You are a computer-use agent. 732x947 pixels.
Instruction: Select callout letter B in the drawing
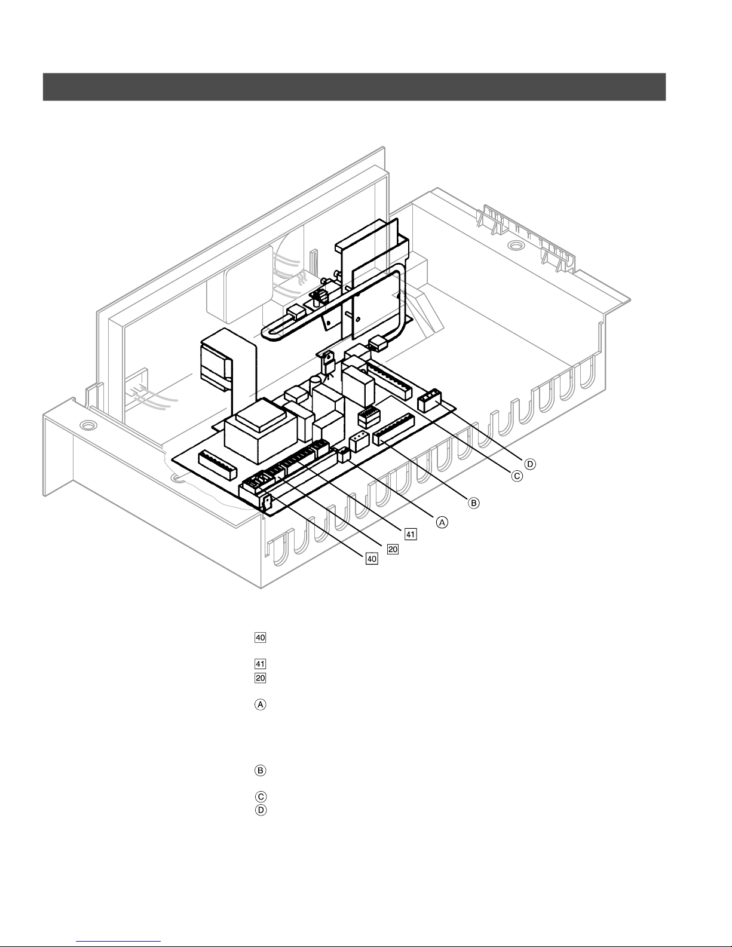pyautogui.click(x=473, y=502)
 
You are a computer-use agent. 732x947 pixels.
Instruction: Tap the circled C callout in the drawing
pyautogui.click(x=516, y=476)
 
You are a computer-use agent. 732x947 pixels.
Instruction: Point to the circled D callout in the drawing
pyautogui.click(x=529, y=463)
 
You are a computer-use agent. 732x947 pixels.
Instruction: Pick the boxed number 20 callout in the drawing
pyautogui.click(x=393, y=549)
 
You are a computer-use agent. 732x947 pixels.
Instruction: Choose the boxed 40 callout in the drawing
pyautogui.click(x=372, y=559)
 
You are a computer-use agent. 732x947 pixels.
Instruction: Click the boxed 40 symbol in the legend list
pyautogui.click(x=261, y=637)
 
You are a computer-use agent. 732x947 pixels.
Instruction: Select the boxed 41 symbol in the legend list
pyautogui.click(x=261, y=663)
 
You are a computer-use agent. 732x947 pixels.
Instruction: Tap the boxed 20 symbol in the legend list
pyautogui.click(x=261, y=678)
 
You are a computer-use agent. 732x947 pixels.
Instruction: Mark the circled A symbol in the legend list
pyautogui.click(x=261, y=705)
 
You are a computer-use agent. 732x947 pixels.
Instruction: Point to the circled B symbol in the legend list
pyautogui.click(x=261, y=770)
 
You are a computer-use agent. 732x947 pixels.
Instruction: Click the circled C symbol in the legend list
pyautogui.click(x=261, y=796)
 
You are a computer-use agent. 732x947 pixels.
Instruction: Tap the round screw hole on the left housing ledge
pyautogui.click(x=88, y=426)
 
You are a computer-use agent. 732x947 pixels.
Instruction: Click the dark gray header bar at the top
pyautogui.click(x=354, y=87)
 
